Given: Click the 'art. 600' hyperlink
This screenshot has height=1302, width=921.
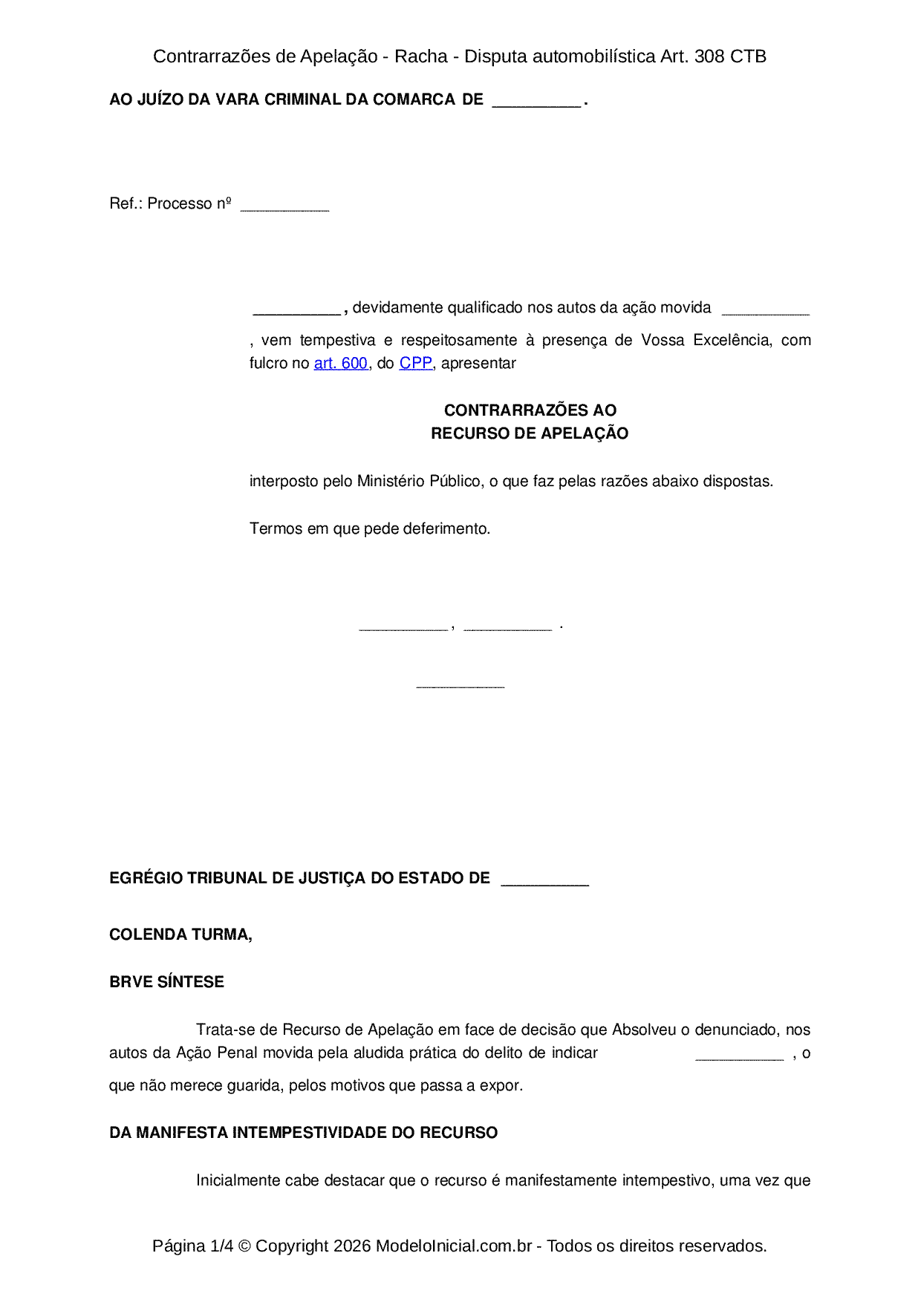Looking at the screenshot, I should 340,363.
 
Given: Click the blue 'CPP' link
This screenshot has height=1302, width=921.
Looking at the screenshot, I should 415,363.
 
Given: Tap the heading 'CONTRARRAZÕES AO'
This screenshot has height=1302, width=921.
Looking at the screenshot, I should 530,410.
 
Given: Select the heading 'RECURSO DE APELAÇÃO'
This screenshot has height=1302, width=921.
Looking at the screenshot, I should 530,434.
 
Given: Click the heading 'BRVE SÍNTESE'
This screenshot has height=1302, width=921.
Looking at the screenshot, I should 166,981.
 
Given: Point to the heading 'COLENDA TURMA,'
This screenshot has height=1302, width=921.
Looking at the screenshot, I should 180,935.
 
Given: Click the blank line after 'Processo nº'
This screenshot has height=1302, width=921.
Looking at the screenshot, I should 284,208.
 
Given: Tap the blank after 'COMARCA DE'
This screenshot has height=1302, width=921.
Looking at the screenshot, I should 536,104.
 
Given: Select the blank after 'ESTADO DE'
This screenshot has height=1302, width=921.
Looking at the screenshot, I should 544,883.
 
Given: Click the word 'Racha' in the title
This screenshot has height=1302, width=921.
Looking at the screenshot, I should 420,56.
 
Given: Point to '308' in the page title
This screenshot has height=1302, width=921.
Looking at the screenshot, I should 709,56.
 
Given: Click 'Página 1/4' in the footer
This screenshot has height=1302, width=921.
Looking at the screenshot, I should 192,1246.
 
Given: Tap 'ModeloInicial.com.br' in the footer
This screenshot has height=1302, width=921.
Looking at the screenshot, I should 453,1246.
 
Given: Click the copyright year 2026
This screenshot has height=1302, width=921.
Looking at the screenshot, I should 352,1246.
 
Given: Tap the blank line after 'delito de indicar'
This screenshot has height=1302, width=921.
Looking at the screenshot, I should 739,1057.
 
